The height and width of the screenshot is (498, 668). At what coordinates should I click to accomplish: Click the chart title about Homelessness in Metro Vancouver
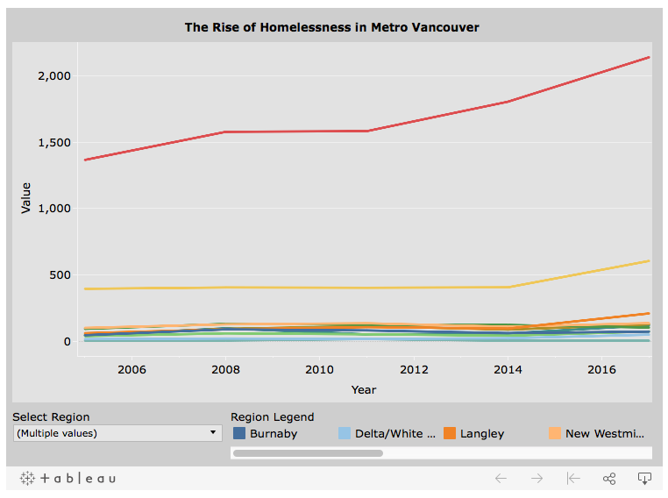pos(331,27)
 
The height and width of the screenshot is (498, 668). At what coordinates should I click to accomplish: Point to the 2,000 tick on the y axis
pos(53,75)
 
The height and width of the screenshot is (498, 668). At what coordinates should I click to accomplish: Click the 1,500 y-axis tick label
pos(53,142)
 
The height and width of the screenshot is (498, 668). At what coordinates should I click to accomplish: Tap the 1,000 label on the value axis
pos(53,209)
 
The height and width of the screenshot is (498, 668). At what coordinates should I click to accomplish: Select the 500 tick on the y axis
pos(60,275)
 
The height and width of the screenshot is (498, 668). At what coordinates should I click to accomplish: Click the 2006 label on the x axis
pos(131,370)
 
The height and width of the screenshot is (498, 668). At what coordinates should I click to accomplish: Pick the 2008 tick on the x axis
pos(225,370)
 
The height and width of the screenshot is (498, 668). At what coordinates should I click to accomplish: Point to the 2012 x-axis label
pos(414,370)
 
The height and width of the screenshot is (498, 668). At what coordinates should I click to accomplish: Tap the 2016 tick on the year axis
pos(601,370)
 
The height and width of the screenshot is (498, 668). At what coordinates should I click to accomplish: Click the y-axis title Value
pos(25,197)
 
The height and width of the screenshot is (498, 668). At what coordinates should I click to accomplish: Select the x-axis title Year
pos(364,389)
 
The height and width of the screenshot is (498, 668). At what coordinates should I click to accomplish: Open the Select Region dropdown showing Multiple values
pos(117,433)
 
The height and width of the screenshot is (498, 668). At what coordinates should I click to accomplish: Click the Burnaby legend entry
pos(265,433)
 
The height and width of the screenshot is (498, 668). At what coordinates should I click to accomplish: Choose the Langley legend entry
pos(473,433)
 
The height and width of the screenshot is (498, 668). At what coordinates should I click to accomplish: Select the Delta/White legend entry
pos(387,433)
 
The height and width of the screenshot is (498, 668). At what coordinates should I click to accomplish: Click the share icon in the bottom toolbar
pos(609,479)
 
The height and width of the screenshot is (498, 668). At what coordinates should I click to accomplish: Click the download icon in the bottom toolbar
pos(644,479)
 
